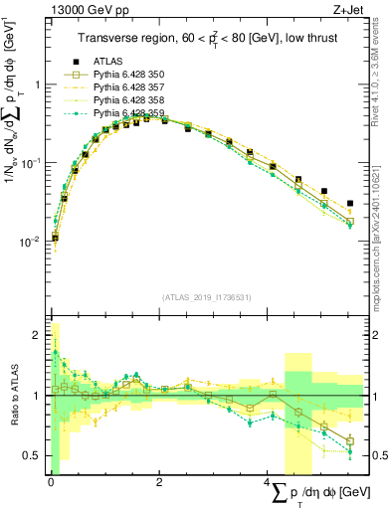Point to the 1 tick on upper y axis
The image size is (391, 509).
(38, 85)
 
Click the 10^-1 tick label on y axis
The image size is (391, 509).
(31, 162)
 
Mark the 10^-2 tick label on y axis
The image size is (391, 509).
(31, 241)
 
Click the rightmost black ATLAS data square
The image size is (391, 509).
(349, 203)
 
